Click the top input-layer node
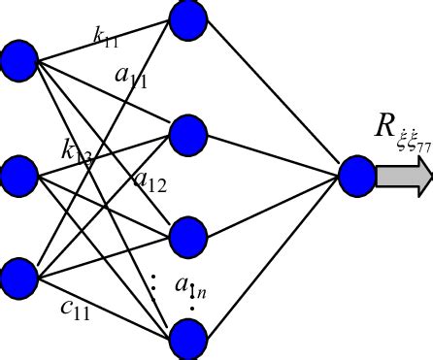tap(18, 60)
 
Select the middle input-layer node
tap(18, 176)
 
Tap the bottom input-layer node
tap(18, 277)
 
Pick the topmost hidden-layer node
tap(188, 17)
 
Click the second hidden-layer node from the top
tap(188, 136)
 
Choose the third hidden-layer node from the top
tap(188, 236)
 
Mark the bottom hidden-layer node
tap(188, 339)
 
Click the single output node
tap(356, 176)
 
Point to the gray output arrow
tap(403, 176)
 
